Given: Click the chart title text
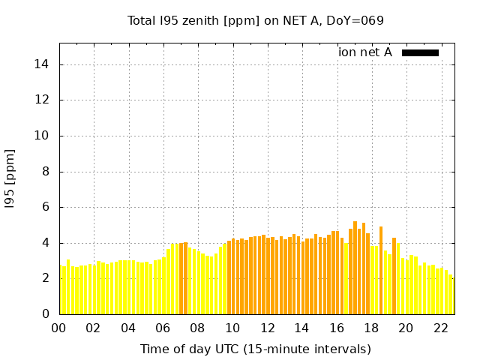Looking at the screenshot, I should [256, 20].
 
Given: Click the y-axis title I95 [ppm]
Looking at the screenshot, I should [10, 178].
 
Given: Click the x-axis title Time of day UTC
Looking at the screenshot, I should [256, 349].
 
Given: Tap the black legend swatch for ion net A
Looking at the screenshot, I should [420, 52].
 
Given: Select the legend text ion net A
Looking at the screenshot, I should [365, 52].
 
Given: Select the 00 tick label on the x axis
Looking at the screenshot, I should [59, 328].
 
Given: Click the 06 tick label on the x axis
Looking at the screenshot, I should [163, 328].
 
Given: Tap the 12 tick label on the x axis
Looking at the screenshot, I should [267, 328].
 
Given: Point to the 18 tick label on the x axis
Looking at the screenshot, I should [370, 328].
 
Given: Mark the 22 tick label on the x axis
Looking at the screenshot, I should [440, 328].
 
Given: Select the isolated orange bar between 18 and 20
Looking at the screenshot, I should [381, 270].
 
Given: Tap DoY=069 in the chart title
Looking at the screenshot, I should [357, 20].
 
